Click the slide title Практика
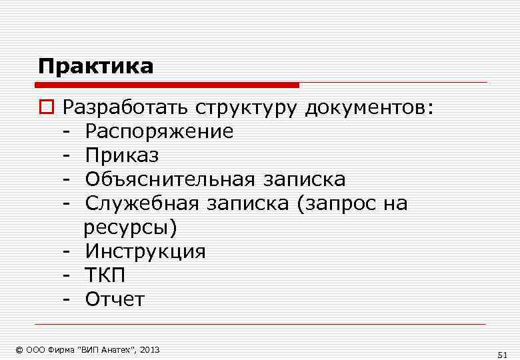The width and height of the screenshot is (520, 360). pyautogui.click(x=95, y=67)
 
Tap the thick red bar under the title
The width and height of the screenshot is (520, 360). pyautogui.click(x=167, y=85)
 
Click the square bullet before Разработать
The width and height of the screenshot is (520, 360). pyautogui.click(x=45, y=108)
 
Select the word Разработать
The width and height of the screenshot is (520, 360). pyautogui.click(x=126, y=108)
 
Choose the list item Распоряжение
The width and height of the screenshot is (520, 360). pyautogui.click(x=159, y=132)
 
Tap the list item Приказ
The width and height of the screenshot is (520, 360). pyautogui.click(x=122, y=155)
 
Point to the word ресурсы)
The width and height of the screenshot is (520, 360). pyautogui.click(x=131, y=228)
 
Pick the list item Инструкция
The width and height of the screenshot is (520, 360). pyautogui.click(x=145, y=251)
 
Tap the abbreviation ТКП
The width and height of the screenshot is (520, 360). pyautogui.click(x=105, y=275)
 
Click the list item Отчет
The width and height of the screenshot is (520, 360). pyautogui.click(x=114, y=299)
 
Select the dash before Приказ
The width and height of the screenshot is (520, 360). pyautogui.click(x=67, y=156)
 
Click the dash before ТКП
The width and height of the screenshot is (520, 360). pyautogui.click(x=67, y=276)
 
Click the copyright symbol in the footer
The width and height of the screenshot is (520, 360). pyautogui.click(x=19, y=349)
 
